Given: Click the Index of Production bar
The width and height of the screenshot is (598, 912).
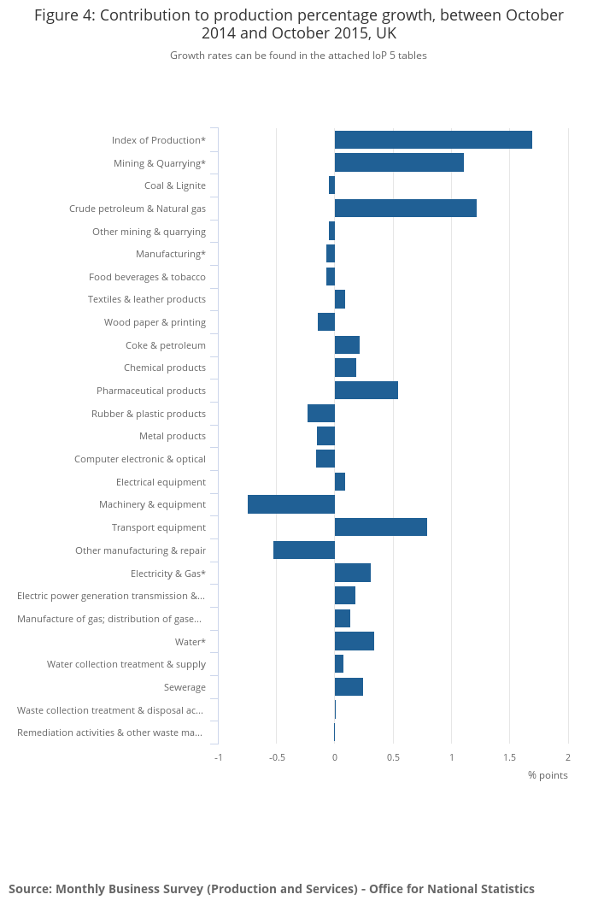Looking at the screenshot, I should (433, 140).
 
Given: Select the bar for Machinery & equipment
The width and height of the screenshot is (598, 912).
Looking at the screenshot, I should (291, 504).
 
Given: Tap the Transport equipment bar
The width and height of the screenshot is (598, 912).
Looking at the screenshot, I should (380, 527).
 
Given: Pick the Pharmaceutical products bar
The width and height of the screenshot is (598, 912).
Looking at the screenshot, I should (366, 391).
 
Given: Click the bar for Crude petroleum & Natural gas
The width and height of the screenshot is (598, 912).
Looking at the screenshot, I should (405, 209).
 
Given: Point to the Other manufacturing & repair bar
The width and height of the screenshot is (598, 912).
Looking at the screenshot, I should (304, 550).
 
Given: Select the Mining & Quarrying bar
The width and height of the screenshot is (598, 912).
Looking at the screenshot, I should (399, 162).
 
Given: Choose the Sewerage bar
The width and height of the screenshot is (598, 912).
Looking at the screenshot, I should (349, 687).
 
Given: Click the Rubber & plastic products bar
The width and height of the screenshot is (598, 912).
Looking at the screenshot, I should (321, 414).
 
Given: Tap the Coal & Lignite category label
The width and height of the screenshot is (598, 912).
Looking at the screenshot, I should (174, 185).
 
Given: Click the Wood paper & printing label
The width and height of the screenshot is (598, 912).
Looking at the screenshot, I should (155, 322).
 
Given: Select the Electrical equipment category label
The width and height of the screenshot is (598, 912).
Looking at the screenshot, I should (161, 482).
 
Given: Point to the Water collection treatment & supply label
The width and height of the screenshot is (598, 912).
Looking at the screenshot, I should (126, 664).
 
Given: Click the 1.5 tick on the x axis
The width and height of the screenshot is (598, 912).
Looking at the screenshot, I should (509, 757).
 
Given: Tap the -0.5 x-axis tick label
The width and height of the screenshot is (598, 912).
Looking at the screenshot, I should (276, 757).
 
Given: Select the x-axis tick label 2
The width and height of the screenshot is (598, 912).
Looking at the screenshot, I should (567, 757).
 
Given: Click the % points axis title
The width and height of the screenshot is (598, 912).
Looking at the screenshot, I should (548, 775).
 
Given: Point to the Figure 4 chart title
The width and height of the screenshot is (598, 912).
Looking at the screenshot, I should (299, 24).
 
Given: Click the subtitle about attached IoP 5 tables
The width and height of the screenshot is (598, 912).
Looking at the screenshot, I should (298, 56).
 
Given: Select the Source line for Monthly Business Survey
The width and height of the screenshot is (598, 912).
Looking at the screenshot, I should (272, 889).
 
